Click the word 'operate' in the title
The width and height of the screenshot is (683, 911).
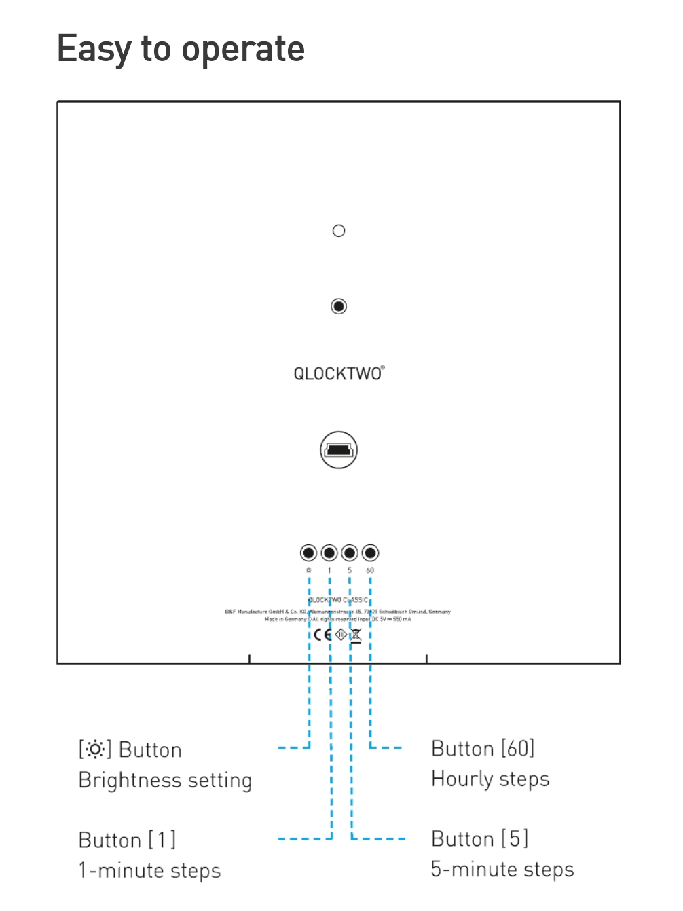pyautogui.click(x=243, y=50)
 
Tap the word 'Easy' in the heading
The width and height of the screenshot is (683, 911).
pyautogui.click(x=94, y=50)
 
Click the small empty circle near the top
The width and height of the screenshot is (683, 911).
pyautogui.click(x=339, y=231)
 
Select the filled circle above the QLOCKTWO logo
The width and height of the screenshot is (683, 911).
pyautogui.click(x=339, y=306)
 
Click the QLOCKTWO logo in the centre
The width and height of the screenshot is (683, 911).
pyautogui.click(x=339, y=373)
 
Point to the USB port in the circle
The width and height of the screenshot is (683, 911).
pyautogui.click(x=339, y=450)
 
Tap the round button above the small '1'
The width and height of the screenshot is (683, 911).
pyautogui.click(x=329, y=553)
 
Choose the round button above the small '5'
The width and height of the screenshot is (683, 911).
pyautogui.click(x=350, y=553)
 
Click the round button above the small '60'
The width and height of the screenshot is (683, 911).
pyautogui.click(x=370, y=553)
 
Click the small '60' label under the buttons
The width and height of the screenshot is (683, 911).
pyautogui.click(x=370, y=570)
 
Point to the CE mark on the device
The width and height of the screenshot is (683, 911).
pyautogui.click(x=322, y=635)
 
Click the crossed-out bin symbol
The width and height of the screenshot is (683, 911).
pyautogui.click(x=356, y=635)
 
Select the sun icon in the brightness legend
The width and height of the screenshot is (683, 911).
pyautogui.click(x=95, y=749)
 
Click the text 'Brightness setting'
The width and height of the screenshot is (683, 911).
pyautogui.click(x=165, y=781)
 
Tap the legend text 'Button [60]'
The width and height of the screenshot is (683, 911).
pyautogui.click(x=483, y=749)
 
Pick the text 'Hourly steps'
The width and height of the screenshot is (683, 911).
pyautogui.click(x=490, y=779)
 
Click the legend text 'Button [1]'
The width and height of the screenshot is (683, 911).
pyautogui.click(x=127, y=840)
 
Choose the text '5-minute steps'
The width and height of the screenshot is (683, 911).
pyautogui.click(x=502, y=870)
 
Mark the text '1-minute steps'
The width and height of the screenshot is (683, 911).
pyautogui.click(x=149, y=871)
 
